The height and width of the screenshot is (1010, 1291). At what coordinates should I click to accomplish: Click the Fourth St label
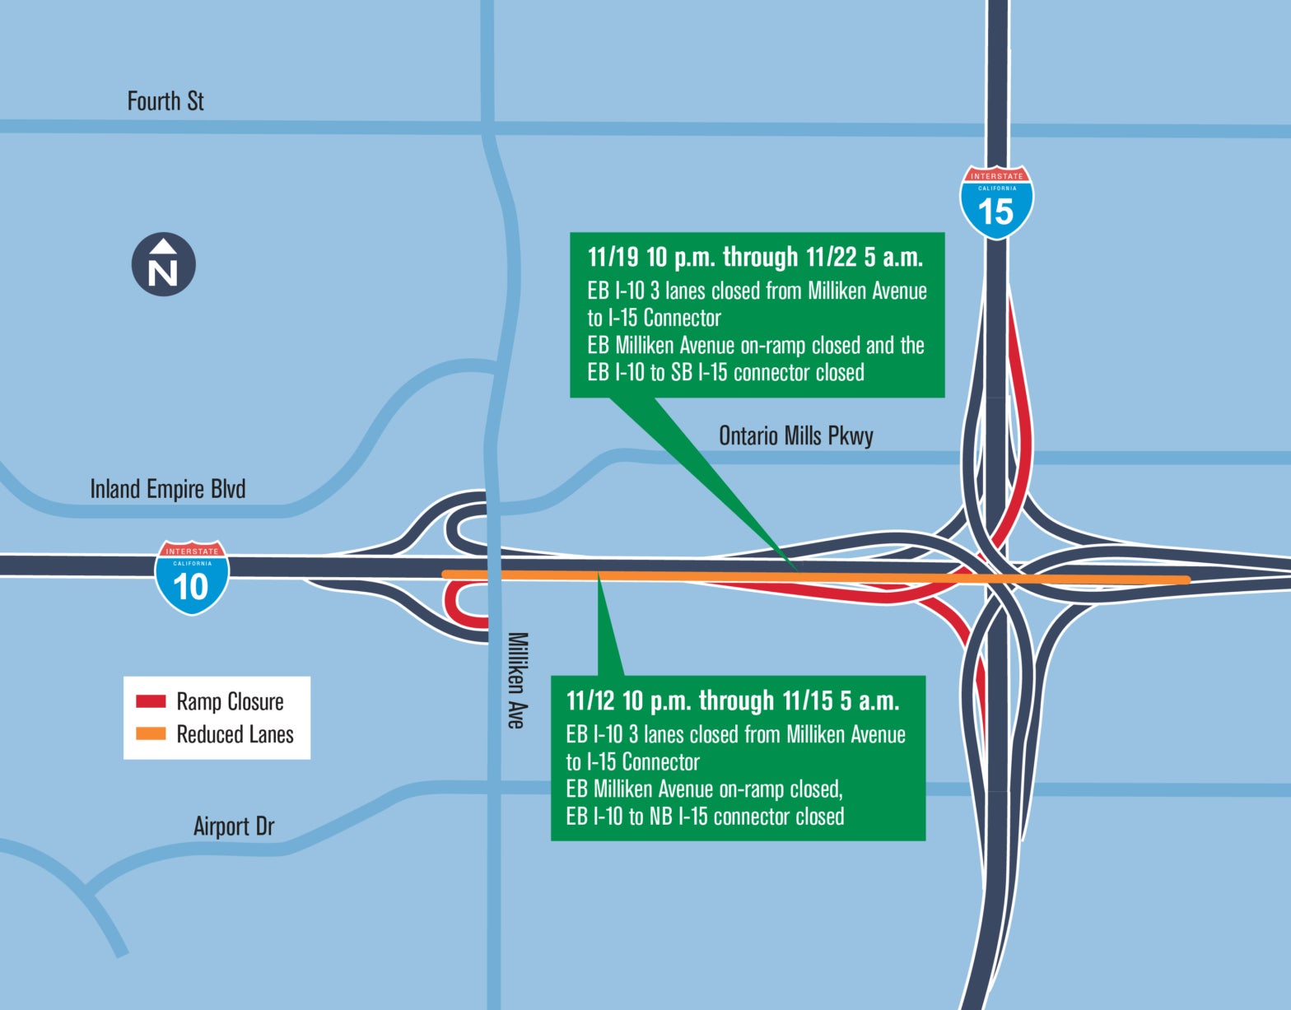[165, 101]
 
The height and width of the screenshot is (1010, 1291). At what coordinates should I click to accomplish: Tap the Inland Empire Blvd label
[167, 489]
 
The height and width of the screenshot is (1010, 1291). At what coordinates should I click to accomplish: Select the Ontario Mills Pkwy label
[795, 435]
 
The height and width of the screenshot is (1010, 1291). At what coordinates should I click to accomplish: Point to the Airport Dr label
[234, 826]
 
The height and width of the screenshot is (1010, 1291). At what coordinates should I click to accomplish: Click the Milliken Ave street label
[516, 680]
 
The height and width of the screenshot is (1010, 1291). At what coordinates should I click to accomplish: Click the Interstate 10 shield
[192, 578]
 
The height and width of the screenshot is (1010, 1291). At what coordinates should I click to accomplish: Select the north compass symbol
[164, 264]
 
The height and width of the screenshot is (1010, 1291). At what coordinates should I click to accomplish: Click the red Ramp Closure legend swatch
[151, 701]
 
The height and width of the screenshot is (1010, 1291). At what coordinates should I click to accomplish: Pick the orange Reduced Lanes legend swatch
[151, 733]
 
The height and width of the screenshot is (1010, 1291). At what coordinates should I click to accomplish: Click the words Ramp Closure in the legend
[230, 701]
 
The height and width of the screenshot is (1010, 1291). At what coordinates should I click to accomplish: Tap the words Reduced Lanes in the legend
[235, 734]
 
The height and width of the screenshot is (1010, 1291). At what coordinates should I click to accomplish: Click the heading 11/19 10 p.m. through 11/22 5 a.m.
[755, 258]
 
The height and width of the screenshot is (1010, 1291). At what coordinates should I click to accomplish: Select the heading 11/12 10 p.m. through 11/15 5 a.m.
[733, 701]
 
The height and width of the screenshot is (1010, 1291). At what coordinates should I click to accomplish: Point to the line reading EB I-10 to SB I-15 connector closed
[725, 373]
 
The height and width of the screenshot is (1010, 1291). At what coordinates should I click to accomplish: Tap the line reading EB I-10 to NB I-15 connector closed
[705, 817]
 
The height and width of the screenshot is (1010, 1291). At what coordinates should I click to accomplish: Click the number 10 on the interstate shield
[191, 587]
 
